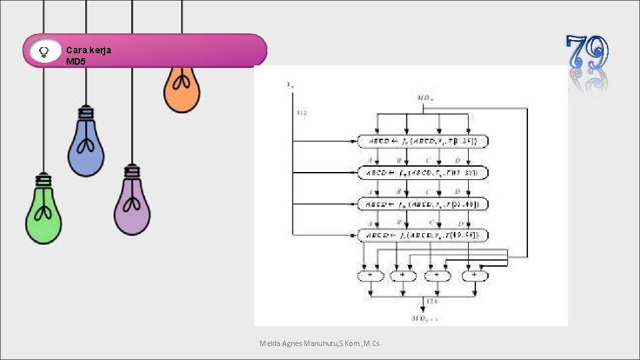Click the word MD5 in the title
pos(76,61)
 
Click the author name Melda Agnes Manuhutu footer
pos(319,343)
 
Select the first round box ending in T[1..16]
pos(423,141)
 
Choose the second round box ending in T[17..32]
pos(423,173)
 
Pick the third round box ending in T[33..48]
pos(423,204)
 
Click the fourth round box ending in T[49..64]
pos(423,235)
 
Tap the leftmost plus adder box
pos(371,275)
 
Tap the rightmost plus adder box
pos(474,275)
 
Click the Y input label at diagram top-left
pos(290,85)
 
